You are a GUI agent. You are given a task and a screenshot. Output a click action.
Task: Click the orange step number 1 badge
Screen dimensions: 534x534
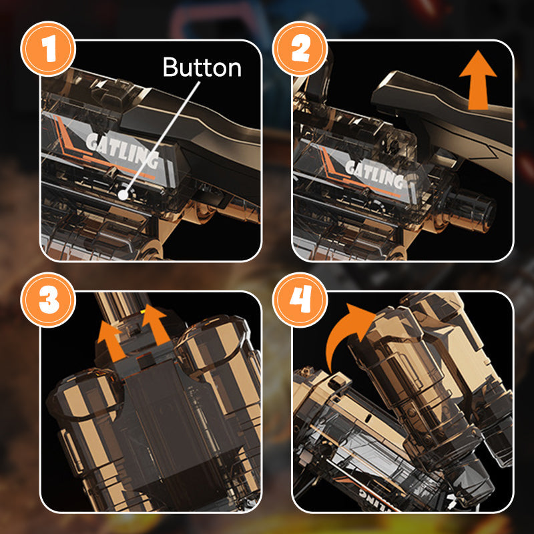click(x=48, y=48)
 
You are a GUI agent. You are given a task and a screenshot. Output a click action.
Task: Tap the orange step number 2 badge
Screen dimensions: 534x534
click(x=300, y=48)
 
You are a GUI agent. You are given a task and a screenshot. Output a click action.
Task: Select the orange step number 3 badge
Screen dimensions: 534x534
click(x=48, y=300)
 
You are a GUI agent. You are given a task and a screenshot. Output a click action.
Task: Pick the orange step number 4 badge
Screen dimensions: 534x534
click(x=300, y=300)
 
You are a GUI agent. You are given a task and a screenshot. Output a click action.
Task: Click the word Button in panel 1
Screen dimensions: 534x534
click(x=202, y=67)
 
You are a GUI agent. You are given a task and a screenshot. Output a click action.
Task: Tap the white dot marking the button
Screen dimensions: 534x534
click(x=123, y=194)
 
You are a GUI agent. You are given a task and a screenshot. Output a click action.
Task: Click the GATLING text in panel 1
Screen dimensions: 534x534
click(x=123, y=151)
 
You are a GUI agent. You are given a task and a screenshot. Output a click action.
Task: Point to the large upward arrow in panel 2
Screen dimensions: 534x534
click(x=478, y=80)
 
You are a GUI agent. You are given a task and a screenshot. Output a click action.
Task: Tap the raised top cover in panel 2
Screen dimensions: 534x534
click(x=443, y=112)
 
